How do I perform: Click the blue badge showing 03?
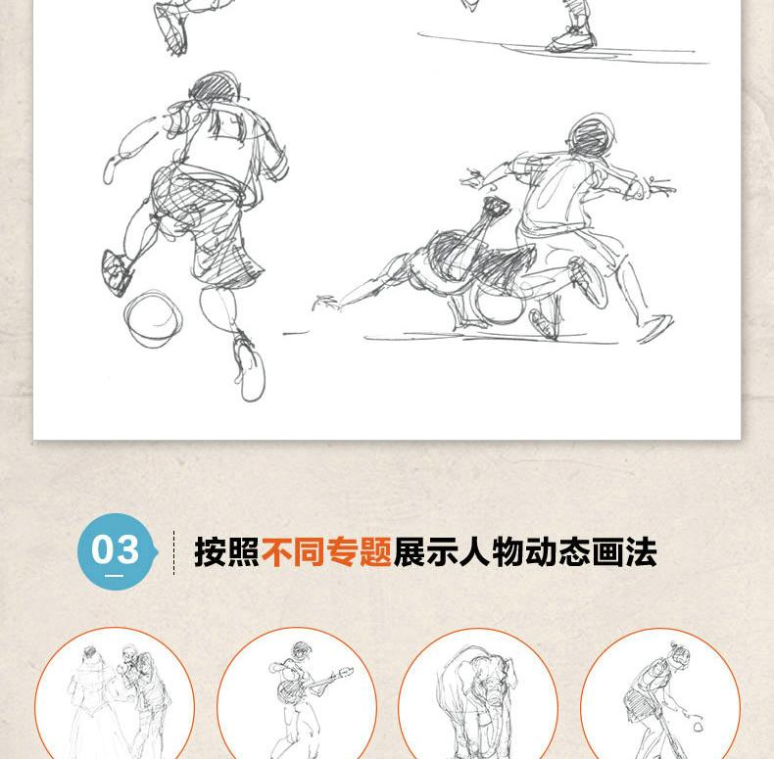[x=118, y=551]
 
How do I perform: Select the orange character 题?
[x=376, y=551]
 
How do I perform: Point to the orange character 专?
[x=343, y=551]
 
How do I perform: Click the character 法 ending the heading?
[x=641, y=551]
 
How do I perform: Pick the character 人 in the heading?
[x=475, y=551]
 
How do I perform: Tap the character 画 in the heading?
[x=608, y=551]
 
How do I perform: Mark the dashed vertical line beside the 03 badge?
[x=173, y=552]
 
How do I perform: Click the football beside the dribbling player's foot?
[x=153, y=319]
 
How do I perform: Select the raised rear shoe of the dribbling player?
[x=117, y=273]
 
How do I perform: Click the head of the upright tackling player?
[x=592, y=135]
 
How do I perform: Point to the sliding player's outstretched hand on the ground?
[x=326, y=302]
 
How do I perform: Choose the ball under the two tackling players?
[x=498, y=304]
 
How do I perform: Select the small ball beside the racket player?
[x=698, y=726]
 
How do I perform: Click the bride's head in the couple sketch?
[x=90, y=653]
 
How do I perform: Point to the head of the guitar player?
[x=301, y=649]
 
